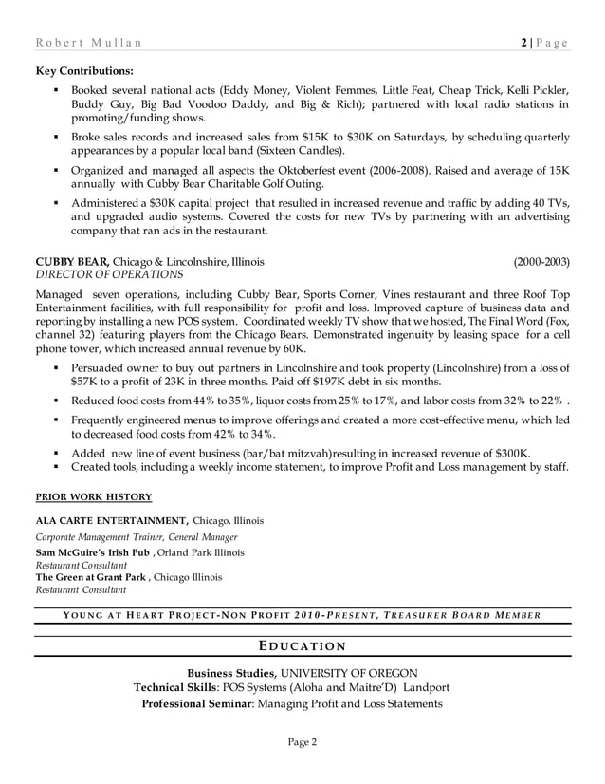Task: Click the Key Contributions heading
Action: [x=83, y=70]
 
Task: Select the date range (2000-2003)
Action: [x=541, y=261]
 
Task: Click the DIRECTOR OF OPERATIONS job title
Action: [x=100, y=275]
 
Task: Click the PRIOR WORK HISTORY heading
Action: [x=93, y=496]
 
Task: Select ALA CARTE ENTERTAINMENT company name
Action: [x=111, y=520]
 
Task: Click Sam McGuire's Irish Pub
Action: [x=86, y=552]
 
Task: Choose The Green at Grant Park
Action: [x=91, y=577]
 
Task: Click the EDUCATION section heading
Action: [x=302, y=647]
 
